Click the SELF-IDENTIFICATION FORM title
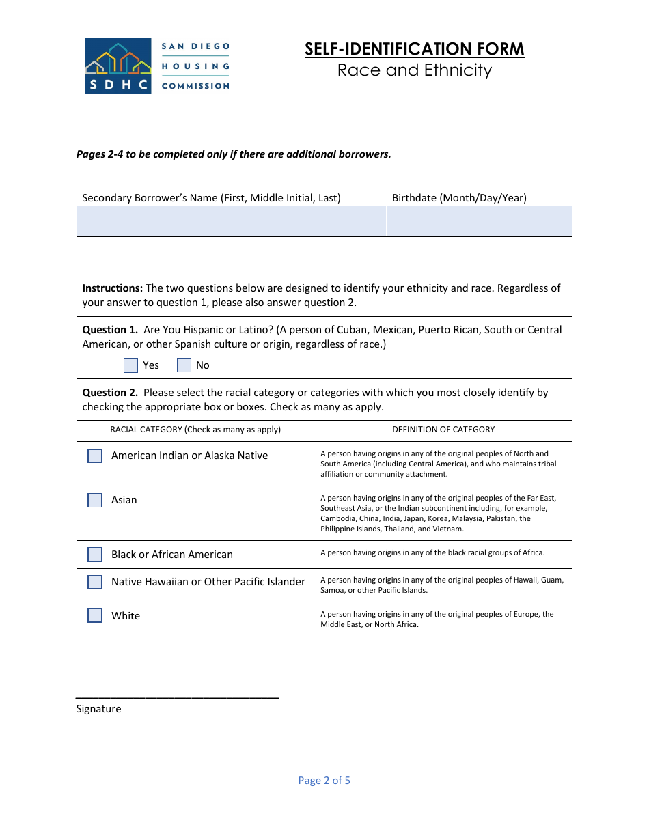pos(414,49)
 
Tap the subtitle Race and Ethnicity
pos(414,70)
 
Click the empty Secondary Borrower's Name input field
pos(232,221)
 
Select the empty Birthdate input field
pos(479,221)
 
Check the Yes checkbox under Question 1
pos(130,365)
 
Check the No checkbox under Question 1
pos(184,365)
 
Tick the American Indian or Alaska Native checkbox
pos(95,456)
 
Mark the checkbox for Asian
pos(95,500)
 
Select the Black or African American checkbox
pos(95,555)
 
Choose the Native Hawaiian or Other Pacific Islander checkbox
pos(95,582)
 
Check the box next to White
pos(95,615)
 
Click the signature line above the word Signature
pos(177,696)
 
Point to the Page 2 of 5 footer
pos(324,781)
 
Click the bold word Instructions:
pos(113,288)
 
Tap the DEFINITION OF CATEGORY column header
pos(443,430)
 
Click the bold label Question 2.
pos(110,393)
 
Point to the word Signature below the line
pos(98,709)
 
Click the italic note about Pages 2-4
pos(234,154)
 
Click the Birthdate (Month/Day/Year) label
pos(459,198)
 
